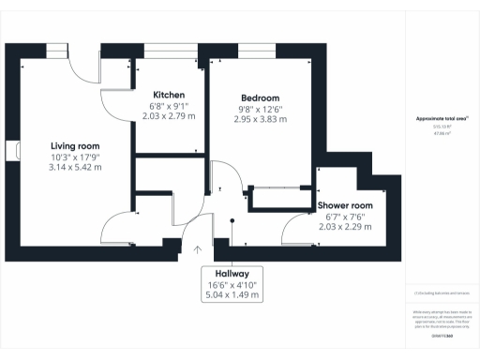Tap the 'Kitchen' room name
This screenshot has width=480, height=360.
point(169,95)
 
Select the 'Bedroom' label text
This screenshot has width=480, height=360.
point(260,98)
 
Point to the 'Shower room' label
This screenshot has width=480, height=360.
point(345,205)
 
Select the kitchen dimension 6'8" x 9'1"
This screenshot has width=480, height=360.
point(169,106)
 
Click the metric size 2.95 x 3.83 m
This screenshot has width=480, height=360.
point(260,121)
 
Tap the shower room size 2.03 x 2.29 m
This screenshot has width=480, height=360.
point(345,228)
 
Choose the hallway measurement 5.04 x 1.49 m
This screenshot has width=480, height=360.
point(230,294)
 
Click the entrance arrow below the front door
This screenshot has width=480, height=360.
point(198,249)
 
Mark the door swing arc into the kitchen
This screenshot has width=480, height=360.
point(114,82)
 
